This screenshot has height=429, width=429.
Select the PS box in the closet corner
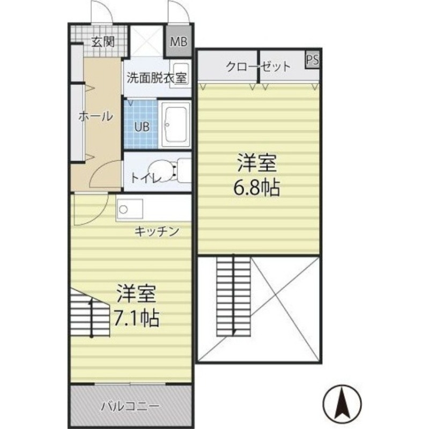tap(313, 60)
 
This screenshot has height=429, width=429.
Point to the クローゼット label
tap(258, 68)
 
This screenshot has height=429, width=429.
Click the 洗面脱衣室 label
tap(156, 77)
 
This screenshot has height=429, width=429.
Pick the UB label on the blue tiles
tap(142, 127)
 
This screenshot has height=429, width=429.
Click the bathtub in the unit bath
tap(175, 124)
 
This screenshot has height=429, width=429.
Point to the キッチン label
tap(156, 232)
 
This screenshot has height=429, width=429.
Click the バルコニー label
tap(130, 406)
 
